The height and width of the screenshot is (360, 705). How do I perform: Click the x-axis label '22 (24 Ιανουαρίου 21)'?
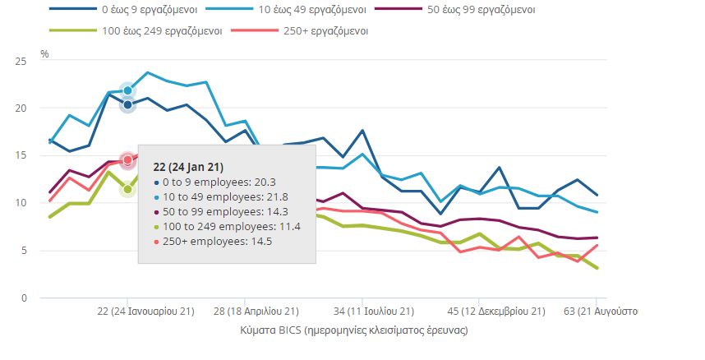click(145, 312)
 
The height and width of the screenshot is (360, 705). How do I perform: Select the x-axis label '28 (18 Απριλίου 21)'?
click(256, 312)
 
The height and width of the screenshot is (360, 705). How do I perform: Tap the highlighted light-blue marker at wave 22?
click(127, 90)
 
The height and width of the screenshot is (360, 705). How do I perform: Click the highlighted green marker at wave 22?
click(127, 190)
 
